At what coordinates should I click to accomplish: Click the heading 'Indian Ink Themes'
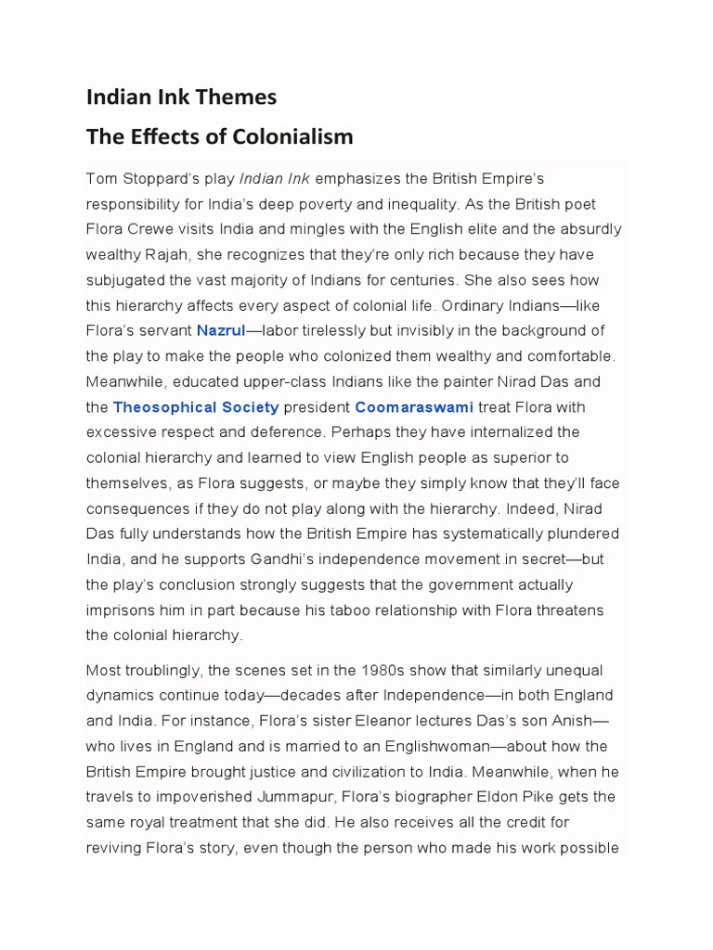(181, 96)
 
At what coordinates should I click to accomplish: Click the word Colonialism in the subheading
(294, 136)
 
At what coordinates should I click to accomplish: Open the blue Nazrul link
(221, 330)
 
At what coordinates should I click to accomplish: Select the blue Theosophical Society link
(196, 406)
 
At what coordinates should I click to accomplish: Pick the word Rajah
(169, 254)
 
